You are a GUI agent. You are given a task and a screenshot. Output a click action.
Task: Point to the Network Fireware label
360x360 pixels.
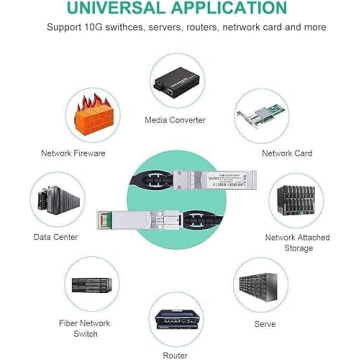pos(73,153)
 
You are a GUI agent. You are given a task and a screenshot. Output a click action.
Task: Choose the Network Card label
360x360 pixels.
pos(287,153)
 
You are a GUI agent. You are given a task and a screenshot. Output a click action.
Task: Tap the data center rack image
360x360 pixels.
pos(56,198)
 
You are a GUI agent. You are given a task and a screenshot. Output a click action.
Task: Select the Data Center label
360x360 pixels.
pos(56,237)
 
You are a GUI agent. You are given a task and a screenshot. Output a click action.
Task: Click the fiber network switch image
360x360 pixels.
pos(91,285)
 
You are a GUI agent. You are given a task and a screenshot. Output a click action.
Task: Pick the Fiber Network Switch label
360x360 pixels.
pos(85,328)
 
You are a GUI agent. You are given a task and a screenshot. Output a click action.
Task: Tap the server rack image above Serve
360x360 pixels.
pos(263,286)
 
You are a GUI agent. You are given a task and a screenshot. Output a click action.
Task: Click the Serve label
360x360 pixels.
pos(265,324)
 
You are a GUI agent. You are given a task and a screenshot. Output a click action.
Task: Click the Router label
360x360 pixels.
pos(175,354)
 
